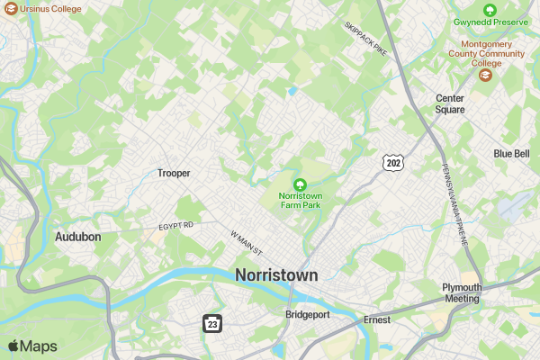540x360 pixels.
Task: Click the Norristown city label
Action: click(276, 275)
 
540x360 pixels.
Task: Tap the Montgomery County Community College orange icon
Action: click(486, 75)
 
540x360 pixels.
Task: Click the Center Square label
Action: click(450, 103)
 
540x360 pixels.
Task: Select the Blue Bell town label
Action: click(511, 154)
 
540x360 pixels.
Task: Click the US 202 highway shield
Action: click(392, 163)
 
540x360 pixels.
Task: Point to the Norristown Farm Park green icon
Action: click(300, 184)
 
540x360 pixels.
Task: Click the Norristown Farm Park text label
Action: click(300, 200)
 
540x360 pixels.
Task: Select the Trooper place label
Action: click(174, 173)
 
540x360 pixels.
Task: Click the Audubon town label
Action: click(78, 237)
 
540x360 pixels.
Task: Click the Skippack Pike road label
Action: click(364, 39)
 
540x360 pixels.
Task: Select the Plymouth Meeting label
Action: click(462, 293)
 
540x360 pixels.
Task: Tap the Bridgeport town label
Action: click(308, 315)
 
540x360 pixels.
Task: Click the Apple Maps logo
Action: click(32, 346)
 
